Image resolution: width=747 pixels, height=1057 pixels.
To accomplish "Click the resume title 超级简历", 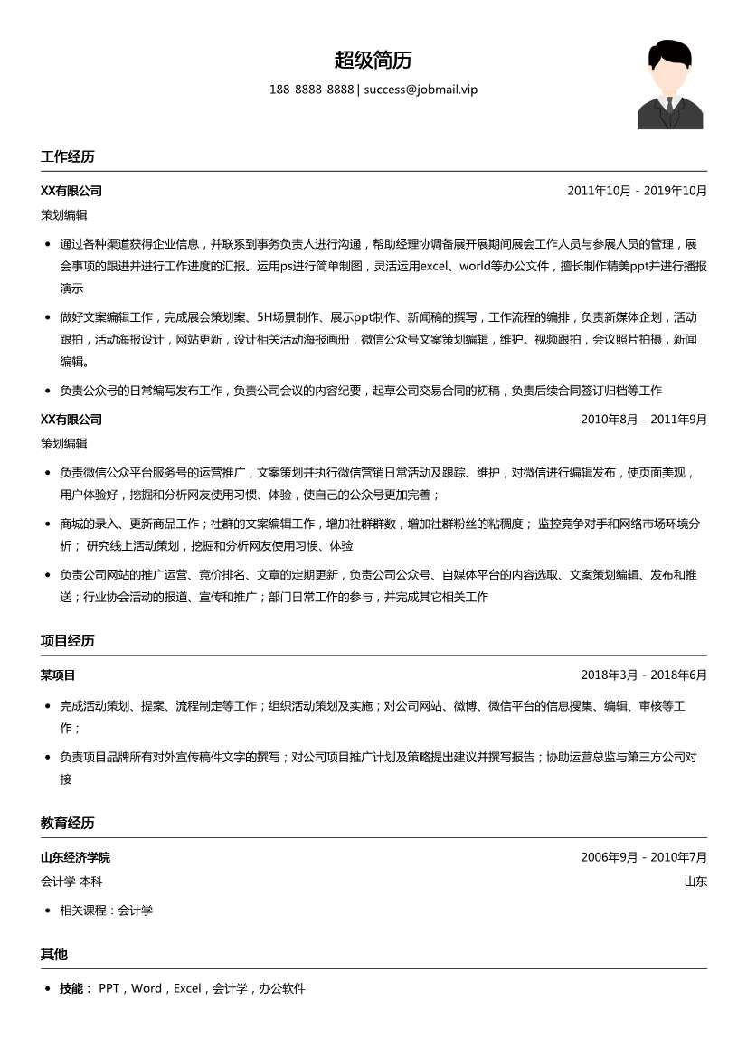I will (x=373, y=61).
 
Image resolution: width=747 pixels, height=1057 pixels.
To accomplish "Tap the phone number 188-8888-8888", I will (x=311, y=90).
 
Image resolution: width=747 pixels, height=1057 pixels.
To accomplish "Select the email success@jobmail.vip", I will (x=421, y=90).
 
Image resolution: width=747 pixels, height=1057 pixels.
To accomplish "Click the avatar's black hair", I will (x=669, y=52).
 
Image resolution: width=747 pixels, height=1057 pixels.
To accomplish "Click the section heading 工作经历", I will (x=67, y=156).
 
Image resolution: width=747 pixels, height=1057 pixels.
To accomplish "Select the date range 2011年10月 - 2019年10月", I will (x=637, y=191).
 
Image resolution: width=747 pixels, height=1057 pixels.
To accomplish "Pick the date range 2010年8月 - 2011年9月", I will (x=643, y=420).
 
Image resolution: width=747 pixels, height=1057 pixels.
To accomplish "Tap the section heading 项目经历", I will (x=67, y=641).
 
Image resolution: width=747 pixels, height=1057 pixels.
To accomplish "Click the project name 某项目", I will (x=58, y=675).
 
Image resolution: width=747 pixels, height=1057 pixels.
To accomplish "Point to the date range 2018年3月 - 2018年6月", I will (x=643, y=675).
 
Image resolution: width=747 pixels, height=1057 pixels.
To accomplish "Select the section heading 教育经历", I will (x=67, y=823).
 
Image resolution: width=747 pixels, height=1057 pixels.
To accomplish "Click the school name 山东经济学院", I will (x=75, y=857).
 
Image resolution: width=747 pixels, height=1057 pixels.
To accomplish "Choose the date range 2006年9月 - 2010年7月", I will (x=643, y=857).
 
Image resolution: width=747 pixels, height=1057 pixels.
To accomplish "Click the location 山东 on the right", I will (x=695, y=882).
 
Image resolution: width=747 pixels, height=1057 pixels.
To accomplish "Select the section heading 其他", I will (x=54, y=954).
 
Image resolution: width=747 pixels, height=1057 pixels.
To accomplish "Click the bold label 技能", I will (x=72, y=988).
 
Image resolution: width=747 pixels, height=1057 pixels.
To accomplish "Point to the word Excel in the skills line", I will (x=187, y=988).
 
